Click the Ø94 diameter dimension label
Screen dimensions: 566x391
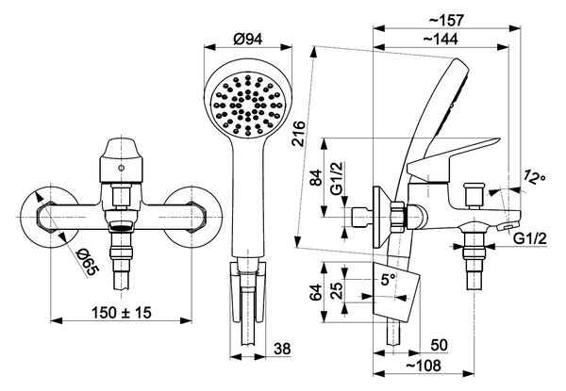click(x=247, y=39)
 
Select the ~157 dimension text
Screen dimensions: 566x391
click(x=446, y=21)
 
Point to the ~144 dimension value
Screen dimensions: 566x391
click(x=441, y=39)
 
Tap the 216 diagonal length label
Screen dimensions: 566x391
click(x=299, y=134)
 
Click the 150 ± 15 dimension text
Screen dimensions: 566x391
click(x=122, y=313)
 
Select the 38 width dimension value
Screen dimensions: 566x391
click(x=282, y=349)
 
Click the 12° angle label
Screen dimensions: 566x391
click(x=535, y=177)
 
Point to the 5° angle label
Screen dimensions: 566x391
click(x=388, y=279)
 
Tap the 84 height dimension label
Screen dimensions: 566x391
click(x=317, y=177)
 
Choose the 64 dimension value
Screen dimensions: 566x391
click(x=315, y=292)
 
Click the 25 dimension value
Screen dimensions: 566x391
click(x=337, y=291)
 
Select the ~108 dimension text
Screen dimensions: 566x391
click(x=424, y=366)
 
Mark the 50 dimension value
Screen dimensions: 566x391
click(x=439, y=345)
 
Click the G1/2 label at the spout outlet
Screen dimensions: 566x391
click(x=530, y=238)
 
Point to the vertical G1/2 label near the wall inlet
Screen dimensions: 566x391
click(x=337, y=179)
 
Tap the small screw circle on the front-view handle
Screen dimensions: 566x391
click(x=122, y=168)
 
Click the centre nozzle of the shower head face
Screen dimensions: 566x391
click(x=247, y=106)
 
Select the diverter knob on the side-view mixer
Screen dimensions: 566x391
click(x=474, y=196)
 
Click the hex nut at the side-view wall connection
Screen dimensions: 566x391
click(x=398, y=217)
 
